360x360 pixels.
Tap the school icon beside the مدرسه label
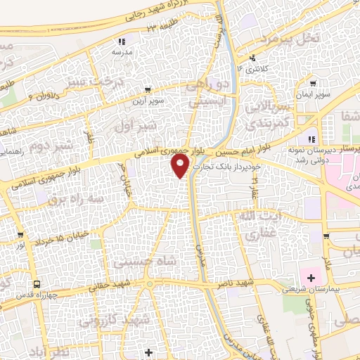click(121, 41)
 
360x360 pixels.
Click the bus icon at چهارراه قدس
click(36, 285)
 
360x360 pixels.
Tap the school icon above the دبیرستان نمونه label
click(312, 138)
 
